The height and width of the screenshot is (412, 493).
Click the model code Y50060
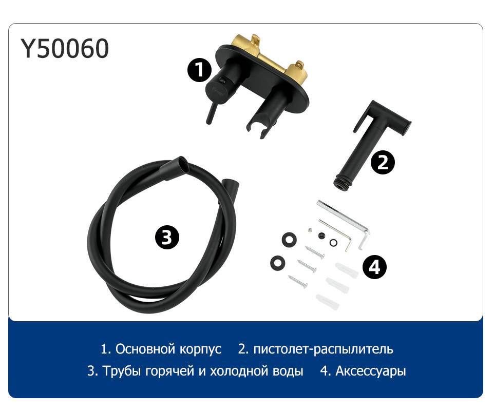coord(65,49)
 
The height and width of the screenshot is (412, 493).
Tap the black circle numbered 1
coord(199,70)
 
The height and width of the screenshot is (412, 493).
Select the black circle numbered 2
coord(382,162)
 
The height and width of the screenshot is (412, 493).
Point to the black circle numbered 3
coord(167,237)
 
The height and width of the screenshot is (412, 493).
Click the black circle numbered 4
coord(374,267)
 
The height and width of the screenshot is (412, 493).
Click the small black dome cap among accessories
coord(321,235)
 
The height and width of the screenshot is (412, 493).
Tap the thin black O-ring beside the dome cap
coord(333,242)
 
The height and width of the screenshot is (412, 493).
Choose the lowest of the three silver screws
coord(297,281)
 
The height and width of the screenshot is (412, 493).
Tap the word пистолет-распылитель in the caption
coord(323,349)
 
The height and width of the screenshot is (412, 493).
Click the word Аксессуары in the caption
coord(371,371)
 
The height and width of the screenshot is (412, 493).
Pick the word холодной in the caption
coord(234,371)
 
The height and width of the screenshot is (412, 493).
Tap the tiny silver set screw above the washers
coord(310,230)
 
